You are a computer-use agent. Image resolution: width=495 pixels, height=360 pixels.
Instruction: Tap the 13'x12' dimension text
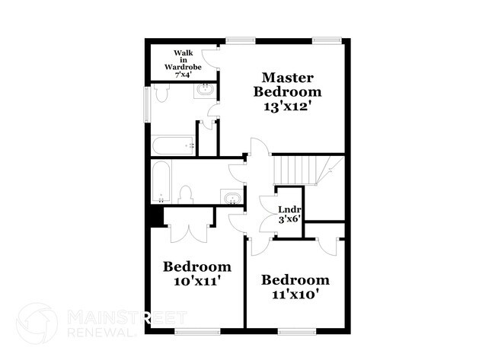point(287,106)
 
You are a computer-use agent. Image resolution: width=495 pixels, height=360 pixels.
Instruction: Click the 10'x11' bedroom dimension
point(196,280)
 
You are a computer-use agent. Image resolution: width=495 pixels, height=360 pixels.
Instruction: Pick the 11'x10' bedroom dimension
point(299,294)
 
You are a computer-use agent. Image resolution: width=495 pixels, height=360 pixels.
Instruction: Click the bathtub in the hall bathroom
point(161,182)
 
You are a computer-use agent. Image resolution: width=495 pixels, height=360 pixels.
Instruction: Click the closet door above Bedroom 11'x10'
point(328,246)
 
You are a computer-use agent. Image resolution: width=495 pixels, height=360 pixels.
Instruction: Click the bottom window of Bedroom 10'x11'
point(197,331)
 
